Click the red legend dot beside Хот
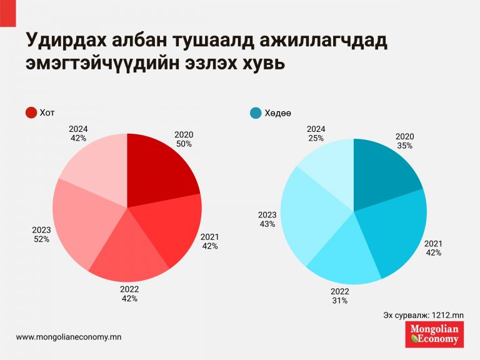(31, 113)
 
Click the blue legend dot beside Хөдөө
(256, 113)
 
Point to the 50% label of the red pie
(184, 144)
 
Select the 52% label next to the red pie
(42, 239)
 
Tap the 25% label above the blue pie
(316, 138)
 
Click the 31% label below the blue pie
(340, 301)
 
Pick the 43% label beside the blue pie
(267, 224)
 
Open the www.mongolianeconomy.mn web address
(68, 337)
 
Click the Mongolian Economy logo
(434, 334)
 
